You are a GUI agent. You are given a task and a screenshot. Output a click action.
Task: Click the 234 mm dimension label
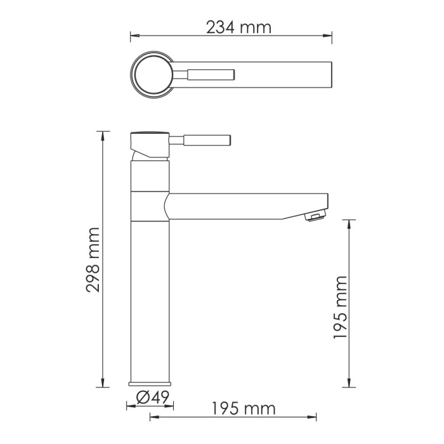[x=238, y=27]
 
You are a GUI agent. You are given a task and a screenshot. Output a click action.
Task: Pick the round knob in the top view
[x=152, y=75]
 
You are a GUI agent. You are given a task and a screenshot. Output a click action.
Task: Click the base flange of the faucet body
[x=150, y=383]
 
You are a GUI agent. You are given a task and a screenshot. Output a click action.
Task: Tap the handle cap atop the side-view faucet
[x=149, y=134]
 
